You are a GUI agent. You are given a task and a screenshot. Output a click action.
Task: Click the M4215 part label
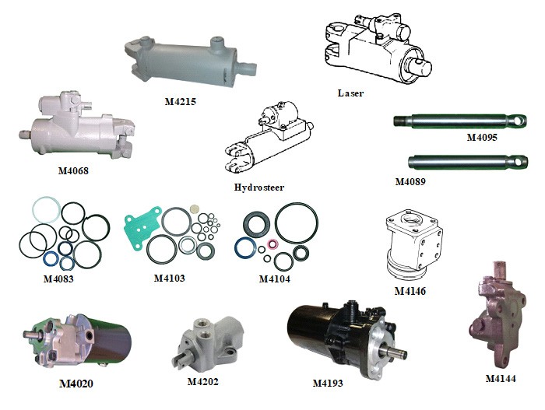180,101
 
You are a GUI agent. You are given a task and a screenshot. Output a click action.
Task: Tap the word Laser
350,93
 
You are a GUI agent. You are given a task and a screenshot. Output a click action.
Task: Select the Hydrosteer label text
259,187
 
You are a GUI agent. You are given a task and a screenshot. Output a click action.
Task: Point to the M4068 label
73,170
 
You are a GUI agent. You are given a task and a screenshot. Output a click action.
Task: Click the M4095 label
482,137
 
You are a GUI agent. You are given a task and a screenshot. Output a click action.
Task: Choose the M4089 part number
410,181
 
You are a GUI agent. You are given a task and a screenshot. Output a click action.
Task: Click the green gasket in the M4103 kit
142,226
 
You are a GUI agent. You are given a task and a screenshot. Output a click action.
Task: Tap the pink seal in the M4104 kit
272,244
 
